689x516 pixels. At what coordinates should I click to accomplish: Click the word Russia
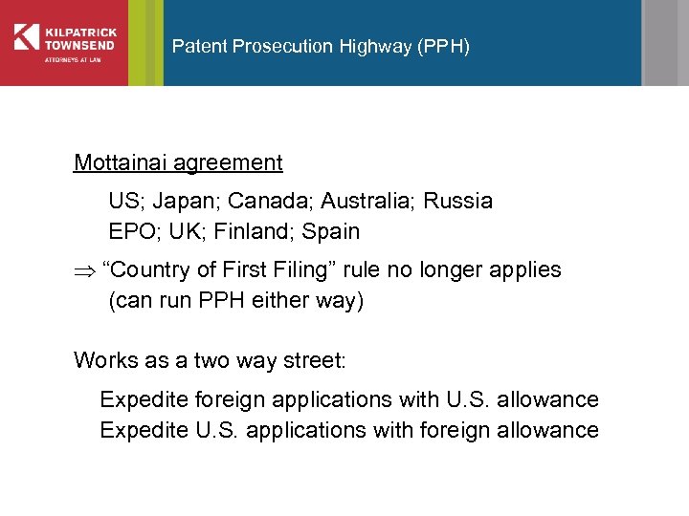(x=457, y=202)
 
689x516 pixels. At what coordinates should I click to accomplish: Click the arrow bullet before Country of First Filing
(x=82, y=270)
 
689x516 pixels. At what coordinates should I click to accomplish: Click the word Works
(x=106, y=360)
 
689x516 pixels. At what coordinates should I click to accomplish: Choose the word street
(x=315, y=360)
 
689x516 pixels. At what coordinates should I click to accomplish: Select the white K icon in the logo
(x=26, y=36)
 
